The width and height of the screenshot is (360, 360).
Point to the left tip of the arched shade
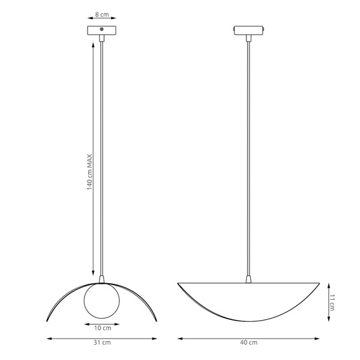(x=49, y=321)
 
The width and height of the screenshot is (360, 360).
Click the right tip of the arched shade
(x=154, y=321)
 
